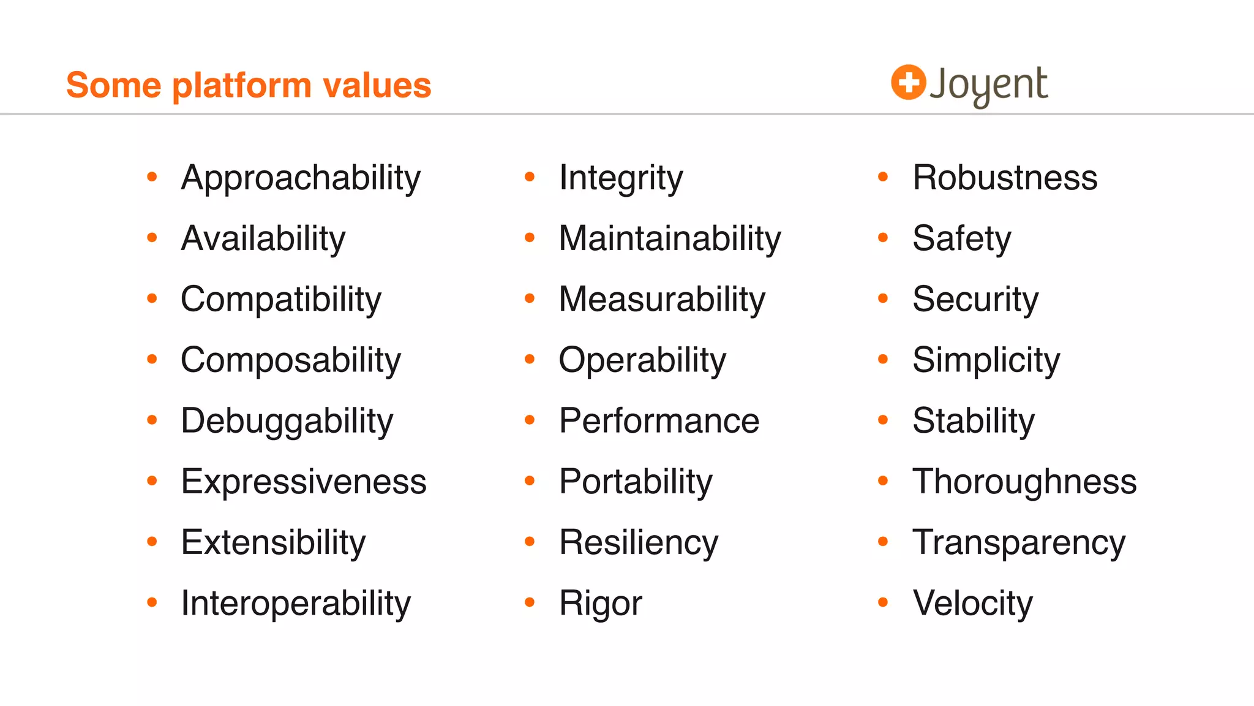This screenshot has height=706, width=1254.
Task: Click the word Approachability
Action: [301, 178]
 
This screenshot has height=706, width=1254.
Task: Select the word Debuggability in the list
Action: [287, 421]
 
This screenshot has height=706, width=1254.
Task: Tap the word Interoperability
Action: [296, 604]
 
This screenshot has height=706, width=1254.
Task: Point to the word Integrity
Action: [620, 178]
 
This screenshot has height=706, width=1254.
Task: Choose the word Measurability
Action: [662, 300]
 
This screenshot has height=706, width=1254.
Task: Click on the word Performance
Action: [659, 421]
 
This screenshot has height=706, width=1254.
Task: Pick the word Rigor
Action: [600, 604]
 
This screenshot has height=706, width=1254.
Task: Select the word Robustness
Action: [1005, 178]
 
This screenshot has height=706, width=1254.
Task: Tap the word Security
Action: [975, 300]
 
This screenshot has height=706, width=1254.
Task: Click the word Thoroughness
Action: [1024, 482]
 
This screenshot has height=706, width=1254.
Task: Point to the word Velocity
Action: [972, 604]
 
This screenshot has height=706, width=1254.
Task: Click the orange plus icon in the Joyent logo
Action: [908, 82]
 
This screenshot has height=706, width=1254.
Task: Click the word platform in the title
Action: [242, 86]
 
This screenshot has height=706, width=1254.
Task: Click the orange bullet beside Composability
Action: [152, 360]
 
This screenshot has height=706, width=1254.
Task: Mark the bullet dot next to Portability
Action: [530, 482]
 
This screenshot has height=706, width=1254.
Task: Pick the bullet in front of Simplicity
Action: [883, 360]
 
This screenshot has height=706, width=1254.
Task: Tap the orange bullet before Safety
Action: [883, 238]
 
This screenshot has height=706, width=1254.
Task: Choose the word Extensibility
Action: [273, 542]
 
